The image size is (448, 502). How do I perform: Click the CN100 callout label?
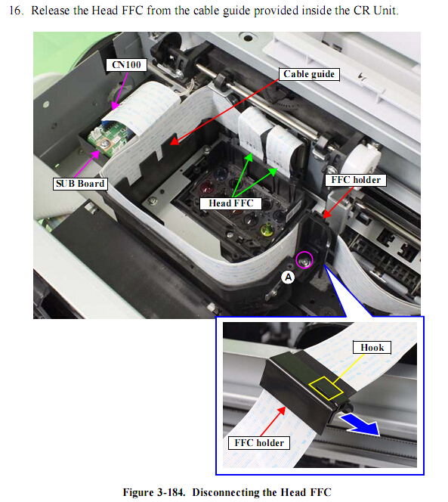tap(127, 65)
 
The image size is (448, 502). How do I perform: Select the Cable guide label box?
tap(309, 74)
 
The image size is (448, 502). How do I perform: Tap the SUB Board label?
tap(80, 184)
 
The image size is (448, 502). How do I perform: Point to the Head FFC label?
tap(230, 203)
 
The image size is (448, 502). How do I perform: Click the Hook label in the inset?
tap(372, 348)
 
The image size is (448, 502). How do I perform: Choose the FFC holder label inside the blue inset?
tap(259, 443)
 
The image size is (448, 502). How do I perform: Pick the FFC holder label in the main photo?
tap(356, 180)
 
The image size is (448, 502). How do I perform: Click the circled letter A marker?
tap(288, 277)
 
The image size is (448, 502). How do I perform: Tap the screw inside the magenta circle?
tap(304, 261)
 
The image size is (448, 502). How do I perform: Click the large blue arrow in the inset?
tap(361, 425)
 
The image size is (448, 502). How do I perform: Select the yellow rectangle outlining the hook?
tap(326, 389)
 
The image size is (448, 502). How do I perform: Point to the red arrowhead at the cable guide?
tap(175, 141)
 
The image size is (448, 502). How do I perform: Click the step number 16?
tap(16, 11)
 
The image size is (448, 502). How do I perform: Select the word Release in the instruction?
tap(51, 11)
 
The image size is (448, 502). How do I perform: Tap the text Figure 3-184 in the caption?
tap(154, 492)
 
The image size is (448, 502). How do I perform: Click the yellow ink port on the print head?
tap(267, 230)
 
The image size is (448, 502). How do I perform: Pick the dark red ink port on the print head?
tap(207, 186)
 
